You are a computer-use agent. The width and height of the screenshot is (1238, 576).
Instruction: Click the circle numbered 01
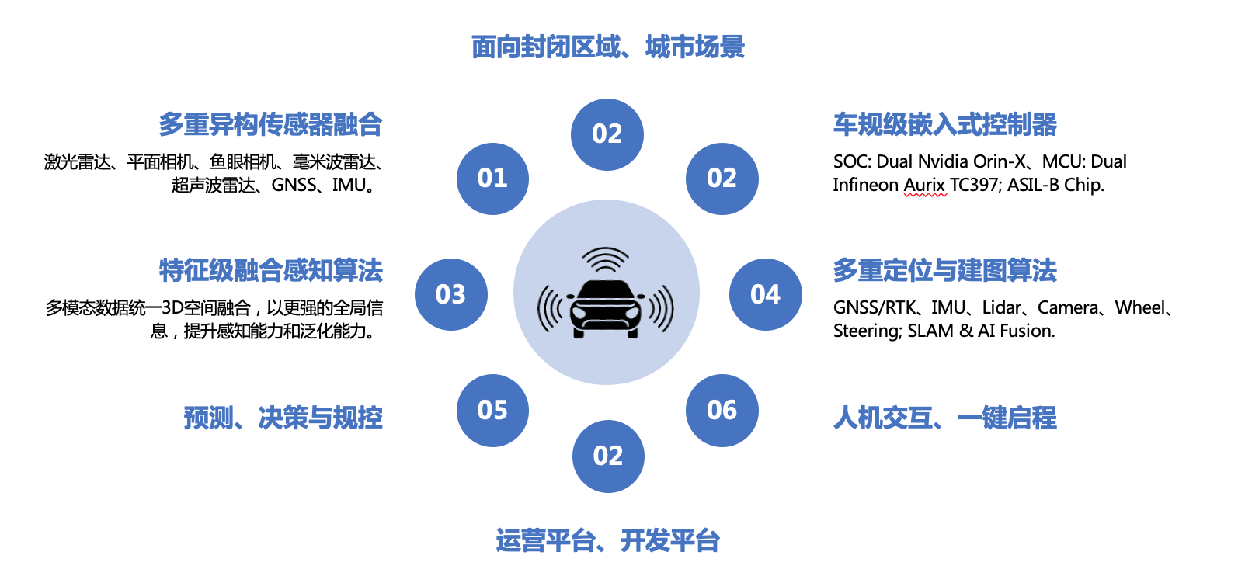[x=492, y=179]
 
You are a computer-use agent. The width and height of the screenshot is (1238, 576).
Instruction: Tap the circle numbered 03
[x=451, y=294]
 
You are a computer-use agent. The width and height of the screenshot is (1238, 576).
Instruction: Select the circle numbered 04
[x=766, y=294]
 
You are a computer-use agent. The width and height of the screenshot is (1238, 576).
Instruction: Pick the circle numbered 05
[x=492, y=411]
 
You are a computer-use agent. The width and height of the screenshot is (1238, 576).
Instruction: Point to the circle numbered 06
[x=722, y=411]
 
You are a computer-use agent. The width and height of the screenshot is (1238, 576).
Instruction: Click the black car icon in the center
[x=606, y=309]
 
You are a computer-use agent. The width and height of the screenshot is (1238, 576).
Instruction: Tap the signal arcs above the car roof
[x=606, y=259]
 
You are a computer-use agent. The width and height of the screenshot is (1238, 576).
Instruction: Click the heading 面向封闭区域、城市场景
[x=608, y=47]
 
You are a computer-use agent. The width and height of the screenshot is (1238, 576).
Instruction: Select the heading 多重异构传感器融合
[x=271, y=124]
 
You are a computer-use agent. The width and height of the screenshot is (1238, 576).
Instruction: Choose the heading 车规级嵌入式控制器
[x=945, y=124]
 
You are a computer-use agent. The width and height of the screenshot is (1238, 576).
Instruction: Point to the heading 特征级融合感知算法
[x=271, y=271]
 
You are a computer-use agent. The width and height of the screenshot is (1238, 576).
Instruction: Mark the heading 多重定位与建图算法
[x=945, y=271]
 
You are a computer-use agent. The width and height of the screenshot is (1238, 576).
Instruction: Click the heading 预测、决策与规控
[x=283, y=418]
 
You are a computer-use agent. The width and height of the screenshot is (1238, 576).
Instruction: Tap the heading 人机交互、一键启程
[x=945, y=418]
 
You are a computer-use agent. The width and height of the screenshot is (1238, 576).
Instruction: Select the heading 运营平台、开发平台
[x=608, y=540]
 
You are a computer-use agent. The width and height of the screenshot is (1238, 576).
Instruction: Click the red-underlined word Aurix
[x=925, y=185]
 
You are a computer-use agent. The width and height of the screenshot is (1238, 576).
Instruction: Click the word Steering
[x=868, y=331]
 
